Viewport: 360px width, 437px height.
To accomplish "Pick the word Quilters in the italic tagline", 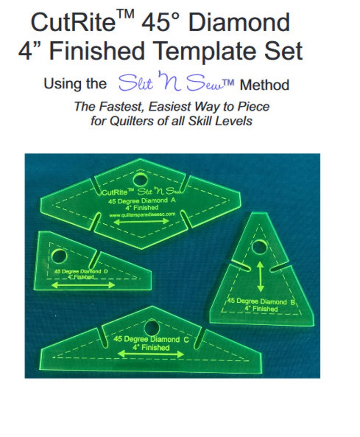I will coord(131,121).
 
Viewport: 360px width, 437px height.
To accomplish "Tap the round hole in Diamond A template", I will coord(140,177).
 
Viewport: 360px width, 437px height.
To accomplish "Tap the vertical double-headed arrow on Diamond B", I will coord(261,276).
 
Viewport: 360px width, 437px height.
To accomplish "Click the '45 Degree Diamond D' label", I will coord(80,271).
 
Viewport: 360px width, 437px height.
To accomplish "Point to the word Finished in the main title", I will coord(97,51).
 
